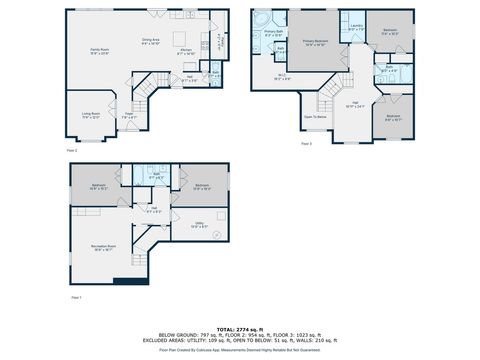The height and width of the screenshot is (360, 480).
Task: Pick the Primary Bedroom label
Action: pos(316,43)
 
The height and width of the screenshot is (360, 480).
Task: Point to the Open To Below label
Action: pos(316,117)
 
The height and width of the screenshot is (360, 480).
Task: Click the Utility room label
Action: pos(199,225)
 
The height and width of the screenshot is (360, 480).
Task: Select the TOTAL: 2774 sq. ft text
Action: pos(239,327)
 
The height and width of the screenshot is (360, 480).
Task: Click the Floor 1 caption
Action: pos(75,297)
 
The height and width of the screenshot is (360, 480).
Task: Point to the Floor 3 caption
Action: pos(307,143)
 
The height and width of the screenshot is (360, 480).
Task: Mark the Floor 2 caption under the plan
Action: pos(72,149)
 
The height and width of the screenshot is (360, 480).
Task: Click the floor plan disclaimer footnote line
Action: pos(239,350)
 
